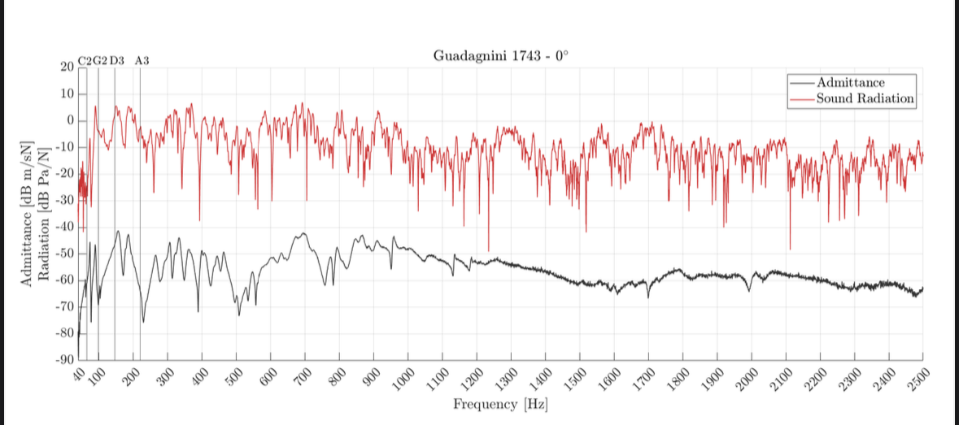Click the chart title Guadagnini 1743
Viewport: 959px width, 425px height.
(x=501, y=56)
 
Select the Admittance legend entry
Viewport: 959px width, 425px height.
(x=850, y=83)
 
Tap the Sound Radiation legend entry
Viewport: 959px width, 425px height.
(x=865, y=98)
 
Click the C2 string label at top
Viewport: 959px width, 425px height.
(x=85, y=61)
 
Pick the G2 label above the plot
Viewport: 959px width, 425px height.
(x=99, y=61)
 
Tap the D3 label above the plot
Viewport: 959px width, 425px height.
(x=116, y=61)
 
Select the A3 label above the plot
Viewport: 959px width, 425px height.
(x=142, y=61)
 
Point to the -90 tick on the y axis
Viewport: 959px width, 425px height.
(x=63, y=359)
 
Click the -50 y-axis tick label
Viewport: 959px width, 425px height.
(x=63, y=254)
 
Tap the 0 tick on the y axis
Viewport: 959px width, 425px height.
(x=71, y=120)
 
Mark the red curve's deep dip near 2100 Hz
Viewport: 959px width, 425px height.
(x=790, y=248)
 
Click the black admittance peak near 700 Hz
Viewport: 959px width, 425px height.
(x=304, y=233)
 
